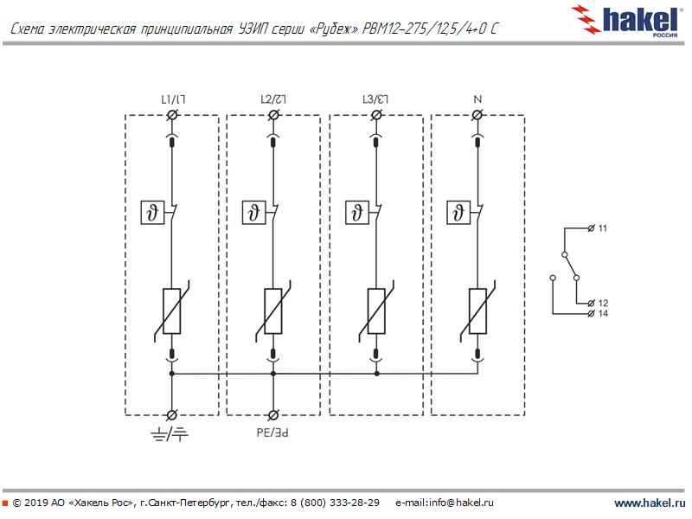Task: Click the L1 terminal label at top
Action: [x=172, y=99]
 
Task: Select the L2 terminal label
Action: [x=273, y=99]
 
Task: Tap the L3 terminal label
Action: [x=375, y=99]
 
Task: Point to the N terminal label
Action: [x=477, y=99]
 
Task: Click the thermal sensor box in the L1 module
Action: [x=151, y=211]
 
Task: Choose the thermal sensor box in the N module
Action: [x=457, y=211]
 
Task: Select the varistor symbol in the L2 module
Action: [x=274, y=311]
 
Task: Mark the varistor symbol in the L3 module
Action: [x=376, y=311]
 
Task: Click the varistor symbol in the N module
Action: [x=478, y=311]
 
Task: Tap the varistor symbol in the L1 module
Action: [x=172, y=311]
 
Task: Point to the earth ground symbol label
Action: [x=170, y=432]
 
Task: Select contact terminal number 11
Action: [x=603, y=228]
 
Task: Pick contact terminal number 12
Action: [x=603, y=303]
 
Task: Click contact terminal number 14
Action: [x=603, y=313]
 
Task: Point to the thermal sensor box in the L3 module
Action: [x=355, y=211]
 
